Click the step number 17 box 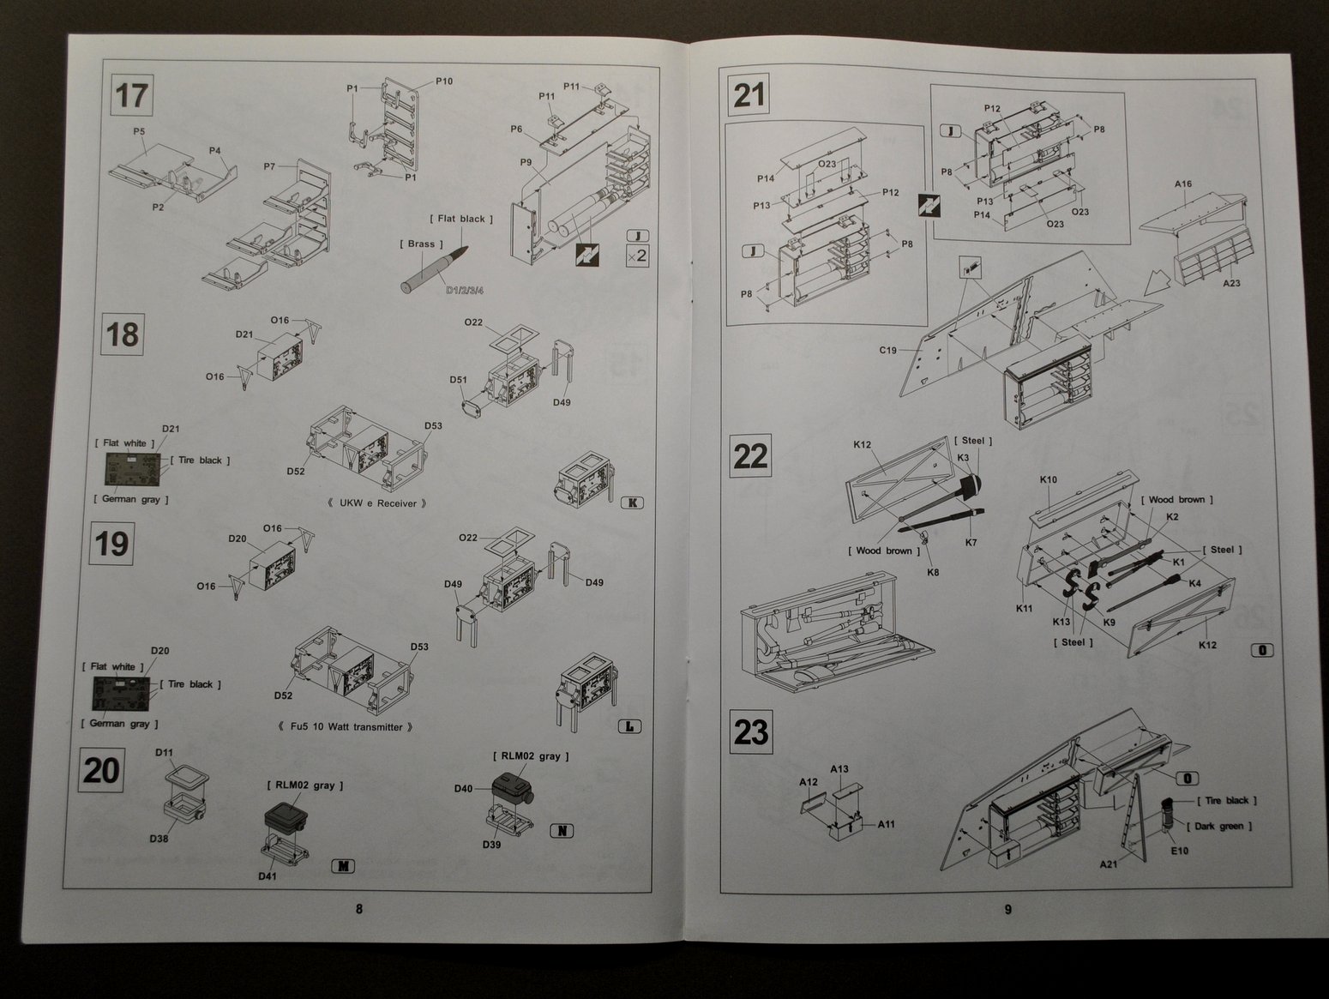(x=131, y=94)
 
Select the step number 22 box (x=750, y=455)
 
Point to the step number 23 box (x=750, y=732)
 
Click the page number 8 (x=359, y=909)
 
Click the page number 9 (x=1008, y=909)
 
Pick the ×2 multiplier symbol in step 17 (x=637, y=256)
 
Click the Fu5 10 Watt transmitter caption (x=352, y=727)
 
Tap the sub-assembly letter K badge (x=630, y=503)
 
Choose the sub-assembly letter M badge (x=342, y=866)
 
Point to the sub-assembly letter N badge (x=561, y=830)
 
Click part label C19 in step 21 (x=887, y=350)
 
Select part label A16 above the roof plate (x=1183, y=184)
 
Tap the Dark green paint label (x=1218, y=826)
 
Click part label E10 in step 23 (x=1179, y=851)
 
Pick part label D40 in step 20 (x=463, y=788)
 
